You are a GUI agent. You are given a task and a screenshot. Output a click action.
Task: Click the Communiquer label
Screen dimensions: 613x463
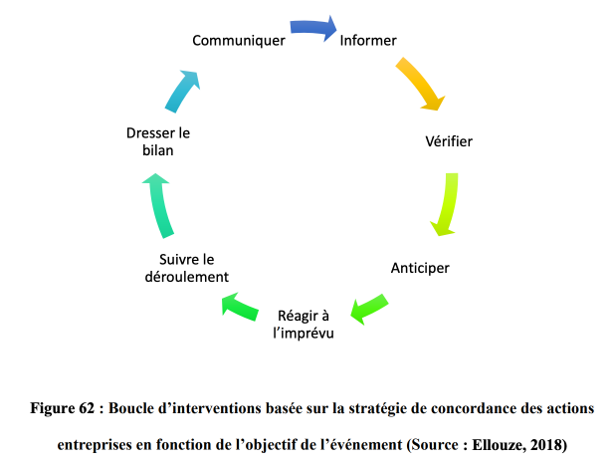239,41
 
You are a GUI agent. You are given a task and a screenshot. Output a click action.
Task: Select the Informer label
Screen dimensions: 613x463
368,40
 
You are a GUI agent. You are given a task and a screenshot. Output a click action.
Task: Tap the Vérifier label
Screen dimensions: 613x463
449,141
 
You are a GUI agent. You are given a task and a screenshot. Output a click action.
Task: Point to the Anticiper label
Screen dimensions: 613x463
420,268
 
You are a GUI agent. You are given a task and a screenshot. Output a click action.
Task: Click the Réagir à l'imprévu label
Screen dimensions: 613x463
303,325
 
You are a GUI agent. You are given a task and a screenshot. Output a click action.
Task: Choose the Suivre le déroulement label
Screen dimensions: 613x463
186,268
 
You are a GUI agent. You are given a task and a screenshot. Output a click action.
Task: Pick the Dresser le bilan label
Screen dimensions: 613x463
158,141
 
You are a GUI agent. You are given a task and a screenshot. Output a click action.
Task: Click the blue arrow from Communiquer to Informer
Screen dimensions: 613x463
313,28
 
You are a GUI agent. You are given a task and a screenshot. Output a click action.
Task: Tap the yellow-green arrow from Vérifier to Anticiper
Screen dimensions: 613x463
448,204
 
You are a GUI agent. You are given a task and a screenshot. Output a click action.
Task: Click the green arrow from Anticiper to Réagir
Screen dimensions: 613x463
368,309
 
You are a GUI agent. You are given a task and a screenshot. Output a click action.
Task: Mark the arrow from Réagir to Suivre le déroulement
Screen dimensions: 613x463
240,308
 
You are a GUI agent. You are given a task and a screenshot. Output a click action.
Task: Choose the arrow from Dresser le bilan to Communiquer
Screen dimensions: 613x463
182,91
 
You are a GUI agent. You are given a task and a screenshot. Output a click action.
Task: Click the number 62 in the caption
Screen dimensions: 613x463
87,408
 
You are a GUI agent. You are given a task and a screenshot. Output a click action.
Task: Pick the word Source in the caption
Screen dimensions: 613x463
436,445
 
